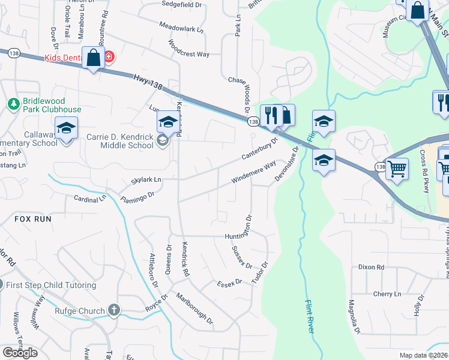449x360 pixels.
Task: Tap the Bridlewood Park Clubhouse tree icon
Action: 13,105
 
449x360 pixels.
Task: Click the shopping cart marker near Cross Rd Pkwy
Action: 396,169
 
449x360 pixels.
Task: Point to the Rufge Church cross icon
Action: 113,310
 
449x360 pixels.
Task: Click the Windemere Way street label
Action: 253,172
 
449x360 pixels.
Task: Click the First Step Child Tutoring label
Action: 52,285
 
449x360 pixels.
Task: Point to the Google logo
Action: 20,352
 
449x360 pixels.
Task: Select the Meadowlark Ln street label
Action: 181,27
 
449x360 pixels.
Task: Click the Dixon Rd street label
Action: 371,267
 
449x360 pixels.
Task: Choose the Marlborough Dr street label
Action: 194,308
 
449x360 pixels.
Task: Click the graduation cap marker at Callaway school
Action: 66,128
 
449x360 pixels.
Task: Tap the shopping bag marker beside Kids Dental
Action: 93,58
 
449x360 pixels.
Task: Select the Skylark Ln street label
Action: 146,179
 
